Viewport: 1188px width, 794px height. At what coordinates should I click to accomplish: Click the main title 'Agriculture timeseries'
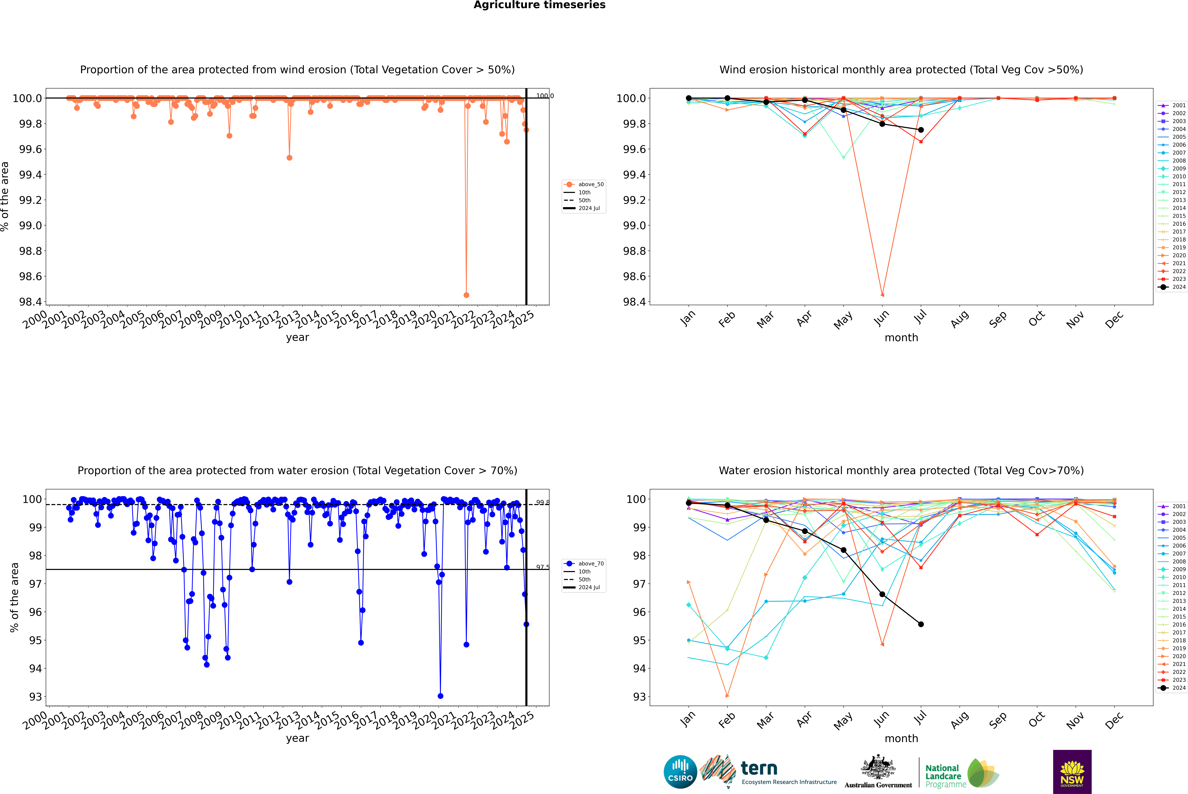[539, 5]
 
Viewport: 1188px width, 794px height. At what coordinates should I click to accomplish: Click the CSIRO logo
[680, 772]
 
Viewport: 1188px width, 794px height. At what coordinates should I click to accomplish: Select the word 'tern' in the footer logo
[759, 768]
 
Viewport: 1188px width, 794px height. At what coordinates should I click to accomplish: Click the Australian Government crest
[878, 768]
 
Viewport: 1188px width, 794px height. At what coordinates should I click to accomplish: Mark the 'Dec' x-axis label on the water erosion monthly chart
[1114, 721]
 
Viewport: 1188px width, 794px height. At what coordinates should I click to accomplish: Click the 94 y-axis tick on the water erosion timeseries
[35, 668]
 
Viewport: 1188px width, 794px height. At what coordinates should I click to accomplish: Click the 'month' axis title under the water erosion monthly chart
[901, 738]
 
